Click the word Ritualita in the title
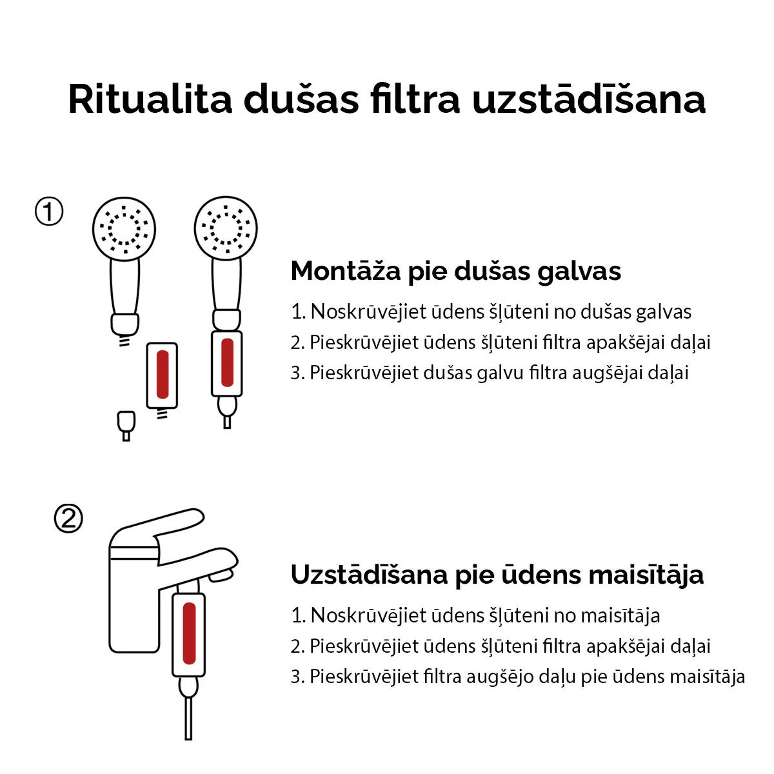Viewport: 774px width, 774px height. [150, 99]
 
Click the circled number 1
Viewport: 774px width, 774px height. [49, 212]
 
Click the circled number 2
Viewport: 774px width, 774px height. [68, 518]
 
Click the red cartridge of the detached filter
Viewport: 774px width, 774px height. [163, 374]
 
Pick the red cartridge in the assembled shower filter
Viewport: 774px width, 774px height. [227, 362]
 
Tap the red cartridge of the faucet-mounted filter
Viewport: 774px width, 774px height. [189, 633]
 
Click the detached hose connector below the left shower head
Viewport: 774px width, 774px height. [126, 426]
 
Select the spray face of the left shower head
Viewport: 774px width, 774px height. [124, 228]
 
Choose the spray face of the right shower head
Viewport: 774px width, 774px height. [226, 228]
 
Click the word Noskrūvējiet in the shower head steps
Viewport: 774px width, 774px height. [368, 312]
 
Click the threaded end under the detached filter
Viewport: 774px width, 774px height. [163, 413]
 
